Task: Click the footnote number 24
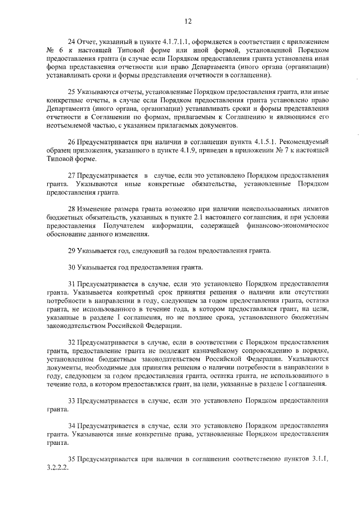tap(71, 43)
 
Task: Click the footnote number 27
tap(71, 175)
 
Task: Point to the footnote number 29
tap(71, 250)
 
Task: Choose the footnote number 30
tap(71, 267)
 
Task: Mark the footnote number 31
tap(71, 285)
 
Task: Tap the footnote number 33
tap(71, 400)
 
